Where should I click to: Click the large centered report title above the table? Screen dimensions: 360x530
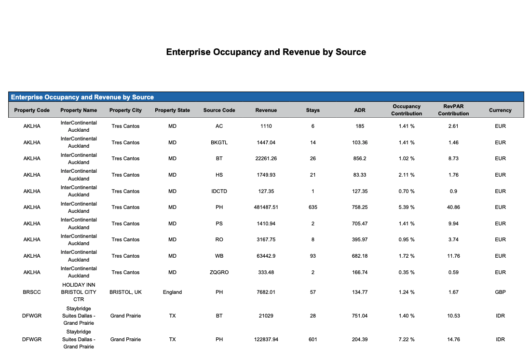pyautogui.click(x=266, y=52)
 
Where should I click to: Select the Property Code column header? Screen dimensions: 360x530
pyautogui.click(x=32, y=110)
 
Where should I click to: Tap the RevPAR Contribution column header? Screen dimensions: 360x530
pyautogui.click(x=453, y=110)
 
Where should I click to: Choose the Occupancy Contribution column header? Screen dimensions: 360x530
pyautogui.click(x=407, y=110)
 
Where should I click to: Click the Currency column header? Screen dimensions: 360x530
pyautogui.click(x=500, y=110)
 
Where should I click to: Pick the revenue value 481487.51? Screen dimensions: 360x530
pyautogui.click(x=266, y=207)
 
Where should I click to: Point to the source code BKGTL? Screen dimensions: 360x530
pyautogui.click(x=219, y=142)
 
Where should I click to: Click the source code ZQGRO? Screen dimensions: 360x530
pyautogui.click(x=219, y=272)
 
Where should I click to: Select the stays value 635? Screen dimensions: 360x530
pyautogui.click(x=313, y=207)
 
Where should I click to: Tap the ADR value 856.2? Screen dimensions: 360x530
pyautogui.click(x=359, y=158)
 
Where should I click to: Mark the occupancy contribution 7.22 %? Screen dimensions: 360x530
pyautogui.click(x=407, y=339)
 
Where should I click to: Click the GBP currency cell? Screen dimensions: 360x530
pyautogui.click(x=500, y=292)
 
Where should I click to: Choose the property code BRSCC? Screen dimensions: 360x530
pyautogui.click(x=32, y=292)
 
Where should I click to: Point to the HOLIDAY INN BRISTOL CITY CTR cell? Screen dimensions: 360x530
pyautogui.click(x=79, y=292)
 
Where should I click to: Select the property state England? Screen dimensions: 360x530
pyautogui.click(x=172, y=292)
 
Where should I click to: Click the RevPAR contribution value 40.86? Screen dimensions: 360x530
pyautogui.click(x=453, y=207)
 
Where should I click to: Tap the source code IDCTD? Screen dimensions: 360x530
pyautogui.click(x=219, y=191)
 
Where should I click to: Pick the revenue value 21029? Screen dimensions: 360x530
pyautogui.click(x=266, y=316)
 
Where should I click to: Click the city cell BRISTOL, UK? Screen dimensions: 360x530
pyautogui.click(x=125, y=292)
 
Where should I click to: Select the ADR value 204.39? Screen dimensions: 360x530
pyautogui.click(x=359, y=339)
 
